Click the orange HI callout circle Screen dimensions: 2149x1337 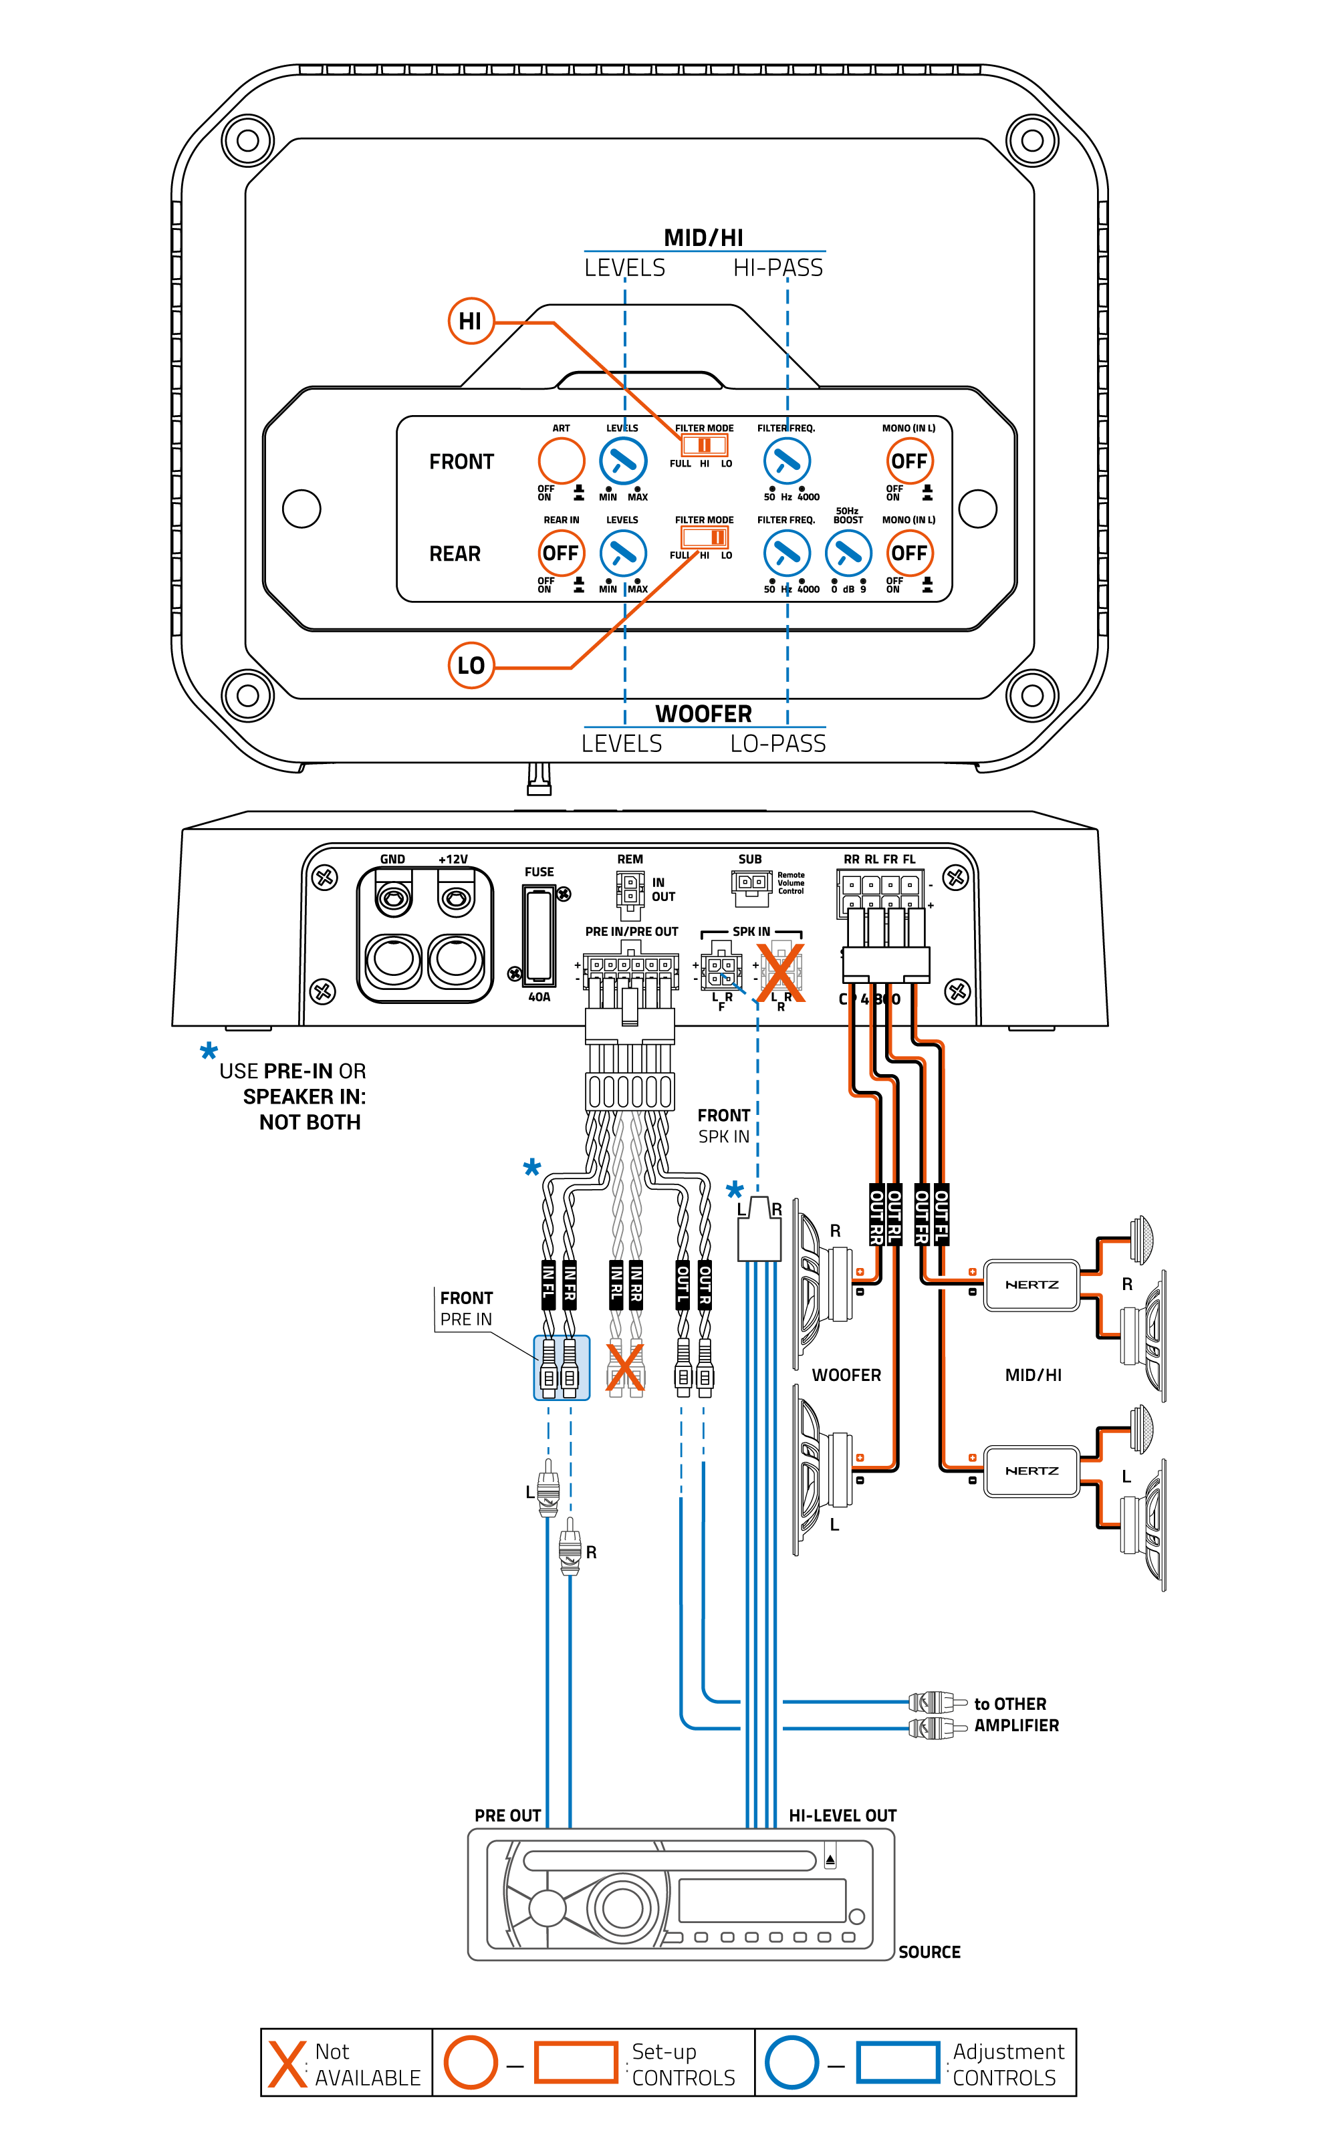(471, 321)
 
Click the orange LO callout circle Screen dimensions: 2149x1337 (471, 665)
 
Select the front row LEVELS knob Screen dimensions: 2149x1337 (622, 461)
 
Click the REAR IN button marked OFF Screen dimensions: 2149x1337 (561, 553)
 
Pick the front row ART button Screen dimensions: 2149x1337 (561, 461)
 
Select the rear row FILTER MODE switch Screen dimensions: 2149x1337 (704, 537)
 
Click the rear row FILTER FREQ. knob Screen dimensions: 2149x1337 (786, 553)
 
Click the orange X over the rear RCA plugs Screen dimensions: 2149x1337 (625, 1368)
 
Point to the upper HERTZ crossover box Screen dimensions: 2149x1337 (1031, 1285)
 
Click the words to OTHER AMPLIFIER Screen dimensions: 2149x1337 (1015, 1714)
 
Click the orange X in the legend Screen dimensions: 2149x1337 (287, 2063)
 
